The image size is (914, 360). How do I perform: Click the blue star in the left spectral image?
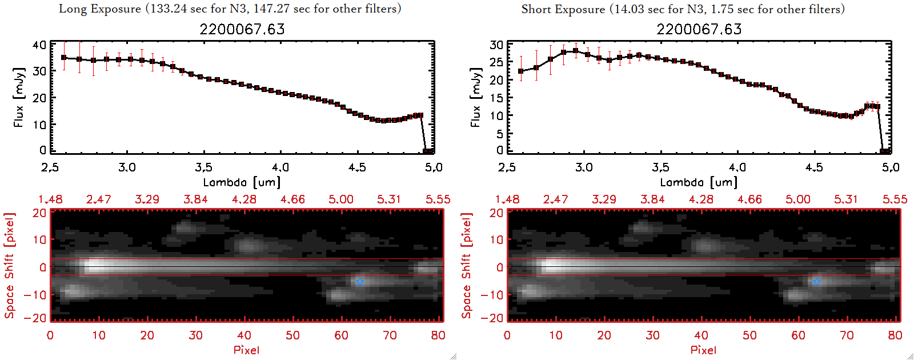click(x=359, y=281)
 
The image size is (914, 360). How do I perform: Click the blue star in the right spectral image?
click(x=816, y=281)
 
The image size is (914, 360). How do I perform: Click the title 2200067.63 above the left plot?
click(x=242, y=30)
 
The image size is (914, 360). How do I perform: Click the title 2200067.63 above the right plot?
click(x=699, y=30)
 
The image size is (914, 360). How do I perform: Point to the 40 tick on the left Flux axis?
click(x=39, y=45)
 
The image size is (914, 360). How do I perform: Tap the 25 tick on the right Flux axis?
click(x=496, y=62)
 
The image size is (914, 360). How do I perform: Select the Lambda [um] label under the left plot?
click(x=242, y=182)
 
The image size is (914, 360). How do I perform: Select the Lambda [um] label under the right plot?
click(x=699, y=182)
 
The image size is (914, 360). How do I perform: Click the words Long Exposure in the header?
click(x=100, y=9)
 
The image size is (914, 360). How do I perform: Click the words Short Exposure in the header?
click(x=563, y=9)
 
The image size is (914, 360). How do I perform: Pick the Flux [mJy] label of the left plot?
click(x=19, y=97)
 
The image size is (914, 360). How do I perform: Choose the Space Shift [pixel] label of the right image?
click(x=467, y=266)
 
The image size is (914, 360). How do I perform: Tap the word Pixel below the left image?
click(x=246, y=350)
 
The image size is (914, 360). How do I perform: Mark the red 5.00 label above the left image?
click(x=341, y=199)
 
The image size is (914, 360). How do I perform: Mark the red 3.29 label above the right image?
click(x=604, y=199)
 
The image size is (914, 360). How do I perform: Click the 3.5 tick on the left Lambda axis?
click(x=203, y=167)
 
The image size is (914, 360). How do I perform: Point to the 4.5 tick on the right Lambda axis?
click(x=814, y=167)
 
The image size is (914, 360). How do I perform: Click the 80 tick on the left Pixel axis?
click(x=438, y=335)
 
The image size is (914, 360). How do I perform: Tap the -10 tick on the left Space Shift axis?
click(x=35, y=294)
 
